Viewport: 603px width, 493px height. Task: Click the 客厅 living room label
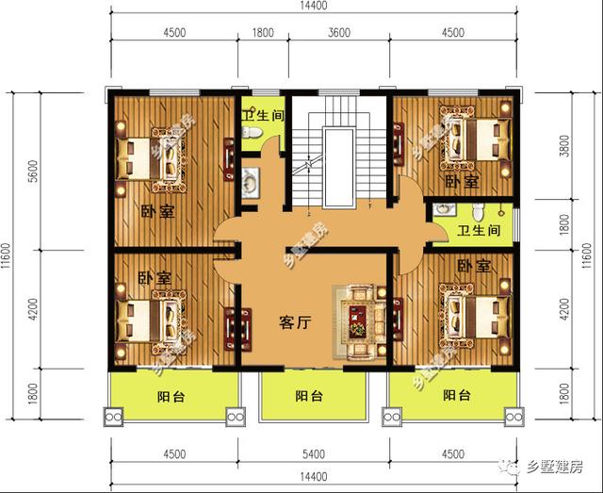point(295,320)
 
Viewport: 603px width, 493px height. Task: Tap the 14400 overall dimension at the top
point(313,7)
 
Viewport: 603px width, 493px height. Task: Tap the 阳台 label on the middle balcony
point(307,397)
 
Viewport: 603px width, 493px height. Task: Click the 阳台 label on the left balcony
point(171,397)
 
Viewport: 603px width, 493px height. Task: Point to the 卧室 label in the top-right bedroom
point(462,180)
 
